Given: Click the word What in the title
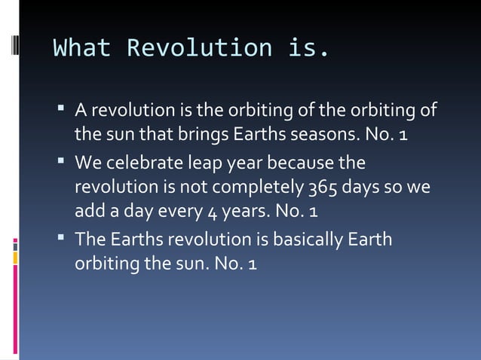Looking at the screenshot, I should [81, 47].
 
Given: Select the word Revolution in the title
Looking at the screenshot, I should [199, 47].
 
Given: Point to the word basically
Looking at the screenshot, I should [305, 241].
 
